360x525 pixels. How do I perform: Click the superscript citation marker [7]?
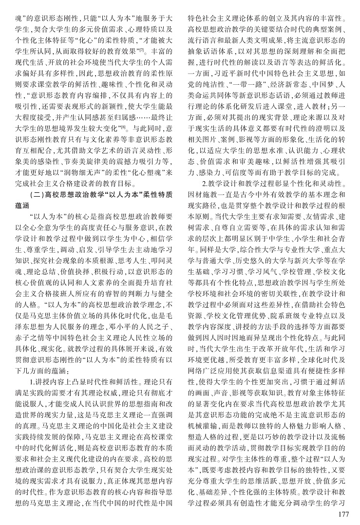tap(141, 49)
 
